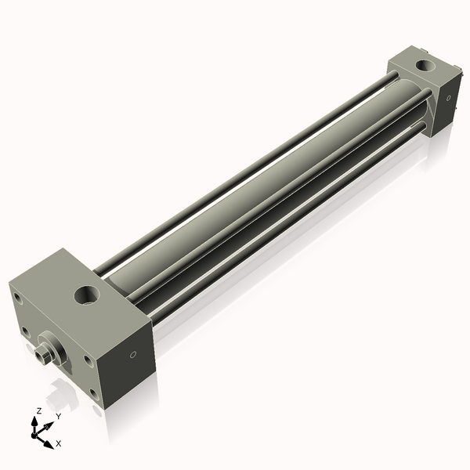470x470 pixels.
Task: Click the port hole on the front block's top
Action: [85, 296]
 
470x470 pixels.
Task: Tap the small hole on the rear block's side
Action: [449, 99]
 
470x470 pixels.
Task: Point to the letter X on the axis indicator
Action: [60, 443]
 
